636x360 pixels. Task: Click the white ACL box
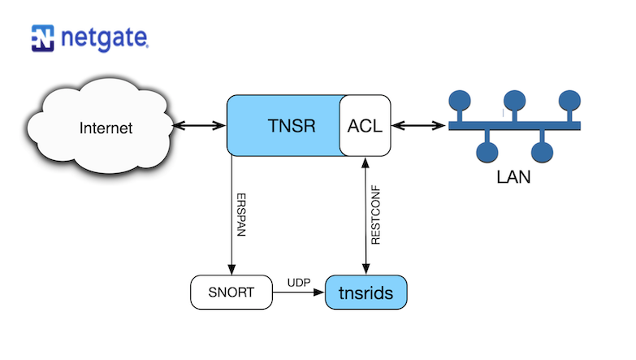coord(364,126)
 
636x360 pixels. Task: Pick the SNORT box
coord(231,293)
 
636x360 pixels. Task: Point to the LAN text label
coord(513,176)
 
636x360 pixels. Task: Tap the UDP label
coord(297,282)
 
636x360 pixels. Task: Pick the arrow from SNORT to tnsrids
coord(298,293)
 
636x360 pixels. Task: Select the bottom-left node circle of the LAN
coord(487,151)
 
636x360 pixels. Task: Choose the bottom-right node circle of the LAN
coord(541,151)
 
